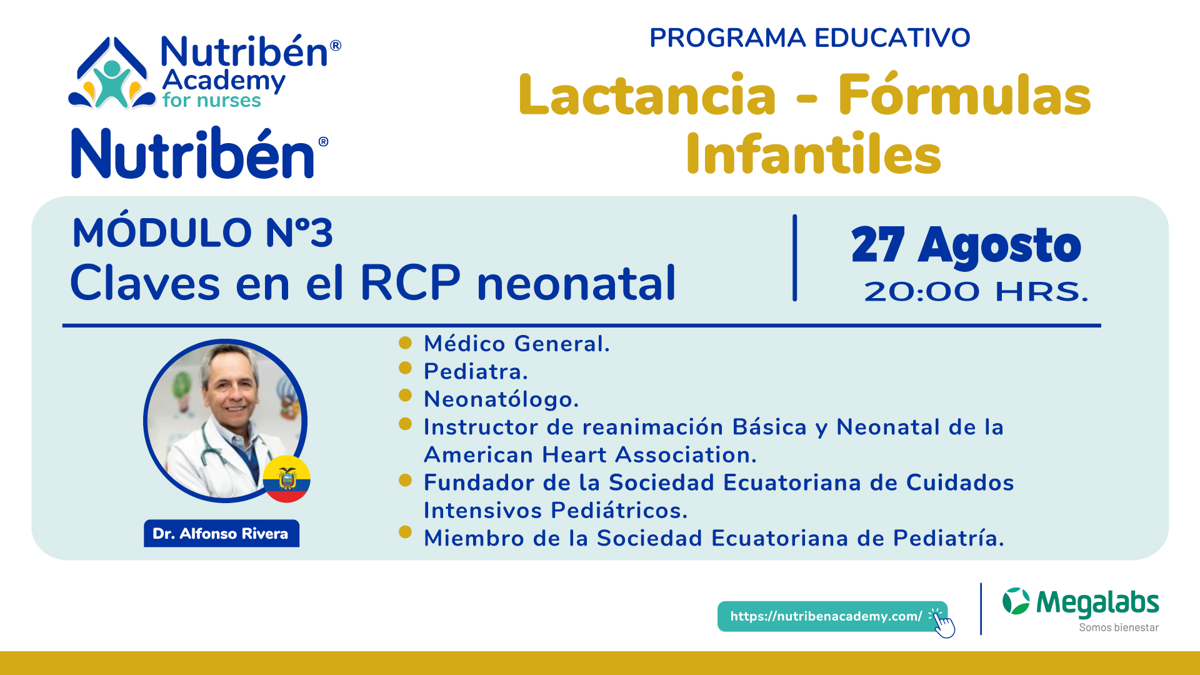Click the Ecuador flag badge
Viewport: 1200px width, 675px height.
(286, 479)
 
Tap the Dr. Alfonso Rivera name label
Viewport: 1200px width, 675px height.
(221, 533)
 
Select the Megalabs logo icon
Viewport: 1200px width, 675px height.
(1016, 601)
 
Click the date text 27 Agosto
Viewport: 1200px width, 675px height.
(966, 245)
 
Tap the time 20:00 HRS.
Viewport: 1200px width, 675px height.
(976, 292)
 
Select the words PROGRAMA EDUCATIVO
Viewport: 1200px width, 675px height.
(809, 38)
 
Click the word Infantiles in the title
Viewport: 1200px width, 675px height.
(813, 154)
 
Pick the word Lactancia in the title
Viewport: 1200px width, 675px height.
(647, 95)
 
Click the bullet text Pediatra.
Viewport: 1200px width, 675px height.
(476, 372)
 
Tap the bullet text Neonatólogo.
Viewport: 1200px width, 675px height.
(501, 399)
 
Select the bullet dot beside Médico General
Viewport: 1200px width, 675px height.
(405, 342)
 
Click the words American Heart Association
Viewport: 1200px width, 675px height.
(590, 455)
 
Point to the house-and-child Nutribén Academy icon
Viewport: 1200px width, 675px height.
(112, 74)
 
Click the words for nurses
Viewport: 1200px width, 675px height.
(211, 101)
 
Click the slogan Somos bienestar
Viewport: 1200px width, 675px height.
(1119, 627)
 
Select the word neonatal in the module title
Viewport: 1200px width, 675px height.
(576, 283)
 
